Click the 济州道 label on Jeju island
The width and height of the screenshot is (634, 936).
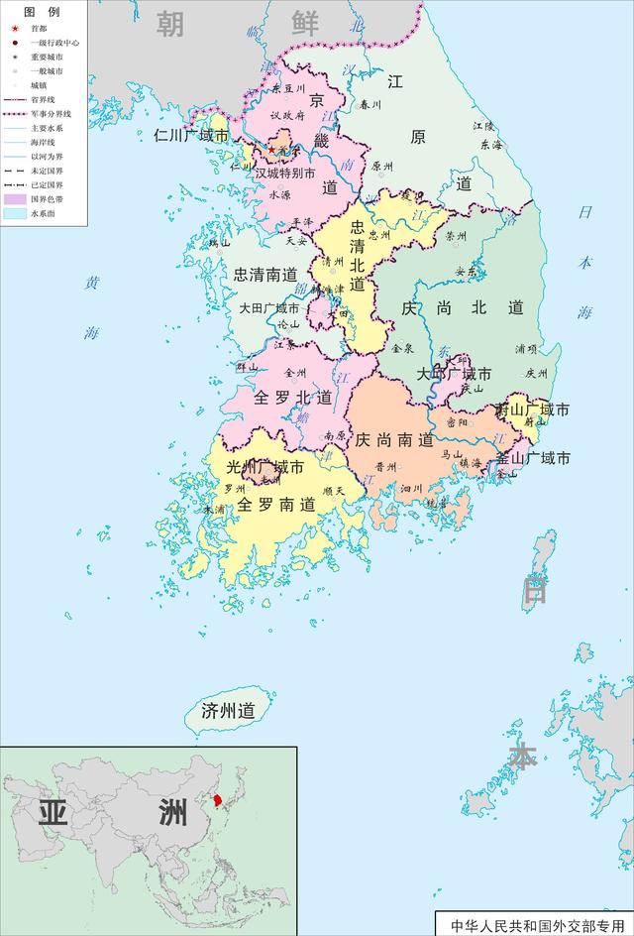pyautogui.click(x=228, y=711)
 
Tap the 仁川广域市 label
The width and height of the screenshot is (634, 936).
pyautogui.click(x=191, y=136)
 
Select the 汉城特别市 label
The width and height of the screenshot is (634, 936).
pyautogui.click(x=285, y=173)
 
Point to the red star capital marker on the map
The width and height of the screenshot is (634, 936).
pyautogui.click(x=271, y=150)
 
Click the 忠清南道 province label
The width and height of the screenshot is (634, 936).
pyautogui.click(x=264, y=275)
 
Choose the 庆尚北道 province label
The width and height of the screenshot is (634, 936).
pyautogui.click(x=463, y=308)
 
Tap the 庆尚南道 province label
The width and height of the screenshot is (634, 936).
pyautogui.click(x=394, y=439)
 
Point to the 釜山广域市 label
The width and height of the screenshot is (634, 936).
pyautogui.click(x=533, y=459)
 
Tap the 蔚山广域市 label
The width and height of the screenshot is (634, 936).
pyautogui.click(x=533, y=409)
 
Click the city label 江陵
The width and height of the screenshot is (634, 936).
pyautogui.click(x=483, y=126)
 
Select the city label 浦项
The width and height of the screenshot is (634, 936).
pyautogui.click(x=526, y=349)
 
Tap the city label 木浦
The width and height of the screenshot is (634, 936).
pyautogui.click(x=214, y=509)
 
